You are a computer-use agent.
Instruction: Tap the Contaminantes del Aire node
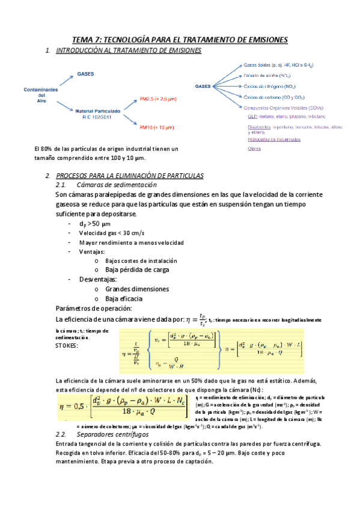41,95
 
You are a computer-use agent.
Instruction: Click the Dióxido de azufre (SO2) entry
268,76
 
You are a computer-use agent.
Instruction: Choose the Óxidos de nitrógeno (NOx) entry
269,87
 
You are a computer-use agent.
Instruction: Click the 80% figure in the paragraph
52,149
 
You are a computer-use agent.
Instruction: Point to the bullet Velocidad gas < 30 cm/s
111,233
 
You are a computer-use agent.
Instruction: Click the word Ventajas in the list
91,251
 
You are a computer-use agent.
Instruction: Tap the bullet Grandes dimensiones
136,289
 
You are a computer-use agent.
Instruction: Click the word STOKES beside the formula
66,345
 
